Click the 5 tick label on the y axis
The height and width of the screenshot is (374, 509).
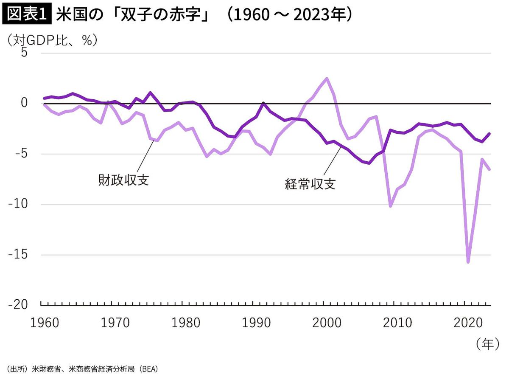25,53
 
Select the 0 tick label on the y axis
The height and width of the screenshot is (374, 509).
25,103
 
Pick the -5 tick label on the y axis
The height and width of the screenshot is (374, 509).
22,154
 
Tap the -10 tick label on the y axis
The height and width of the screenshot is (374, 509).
19,205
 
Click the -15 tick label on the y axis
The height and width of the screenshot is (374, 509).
19,255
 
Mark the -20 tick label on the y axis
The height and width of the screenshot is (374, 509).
19,305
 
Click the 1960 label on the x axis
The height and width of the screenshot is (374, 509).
45,323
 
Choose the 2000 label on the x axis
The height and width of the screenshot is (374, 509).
327,323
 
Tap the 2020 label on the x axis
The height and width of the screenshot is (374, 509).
468,323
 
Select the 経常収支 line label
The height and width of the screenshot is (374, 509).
310,184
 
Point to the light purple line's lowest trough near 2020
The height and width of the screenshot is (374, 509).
468,262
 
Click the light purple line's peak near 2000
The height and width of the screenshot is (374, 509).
327,79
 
